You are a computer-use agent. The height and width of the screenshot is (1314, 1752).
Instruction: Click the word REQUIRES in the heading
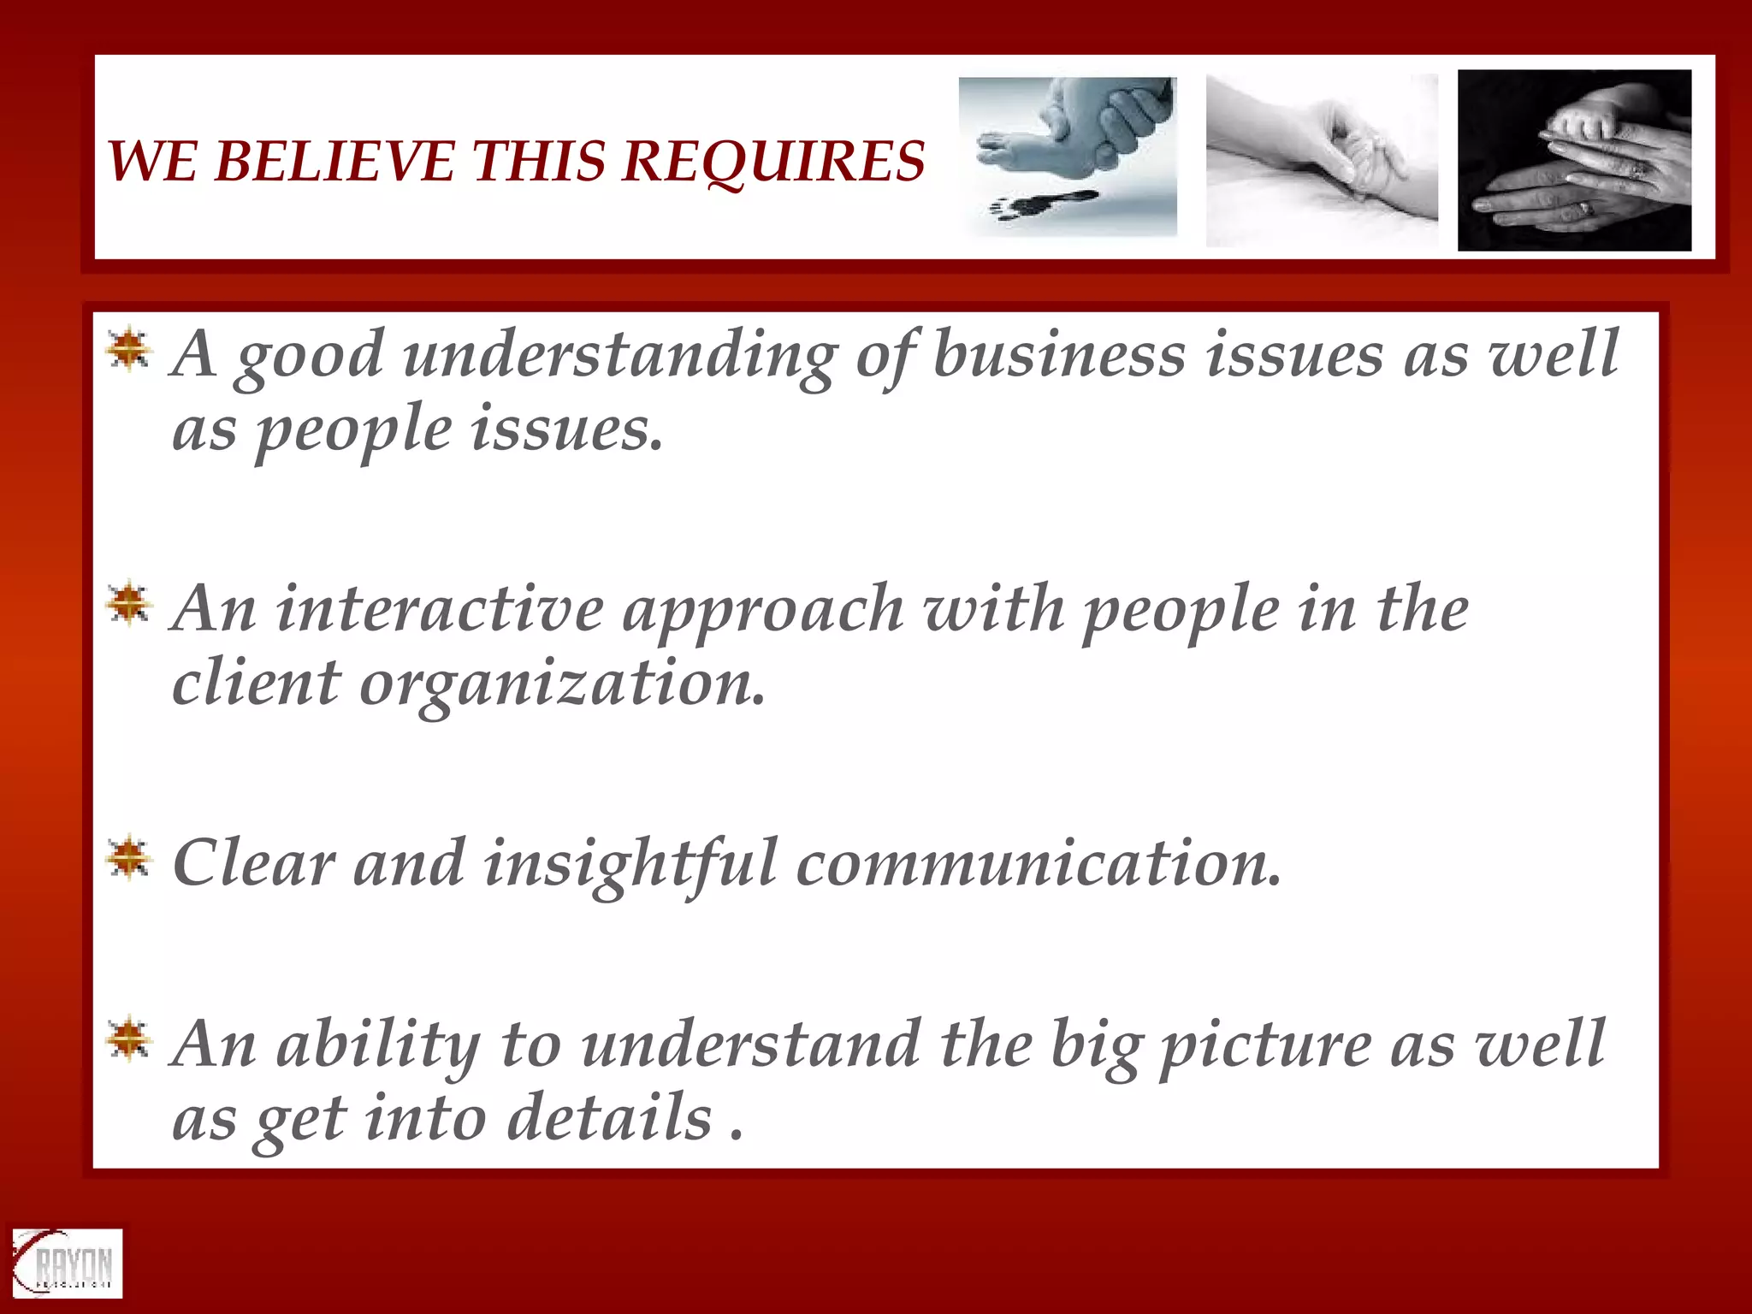773,161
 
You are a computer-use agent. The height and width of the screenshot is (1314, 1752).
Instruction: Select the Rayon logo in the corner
67,1264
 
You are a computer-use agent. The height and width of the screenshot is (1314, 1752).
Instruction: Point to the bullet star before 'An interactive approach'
129,604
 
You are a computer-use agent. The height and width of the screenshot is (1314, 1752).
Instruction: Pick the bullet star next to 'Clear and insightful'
129,857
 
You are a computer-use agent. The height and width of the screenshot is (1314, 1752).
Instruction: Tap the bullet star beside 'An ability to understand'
129,1039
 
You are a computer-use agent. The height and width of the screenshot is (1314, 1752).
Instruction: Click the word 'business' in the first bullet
1059,354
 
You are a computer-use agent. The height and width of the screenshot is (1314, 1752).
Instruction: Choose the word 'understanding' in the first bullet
620,356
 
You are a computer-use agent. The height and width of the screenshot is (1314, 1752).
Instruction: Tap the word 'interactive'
440,609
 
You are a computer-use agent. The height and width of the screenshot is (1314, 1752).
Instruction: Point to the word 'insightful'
630,864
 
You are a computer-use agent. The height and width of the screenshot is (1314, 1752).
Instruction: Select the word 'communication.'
1039,864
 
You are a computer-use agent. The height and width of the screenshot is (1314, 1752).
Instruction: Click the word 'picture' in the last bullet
1265,1046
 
